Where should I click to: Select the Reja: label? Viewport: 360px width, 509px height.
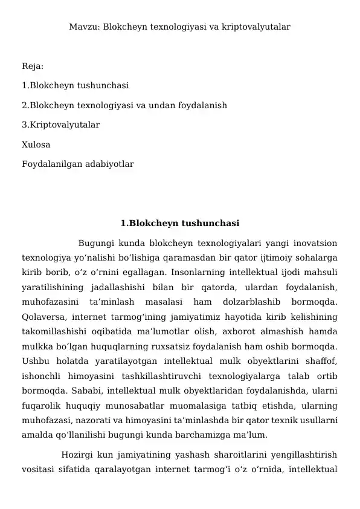[32, 66]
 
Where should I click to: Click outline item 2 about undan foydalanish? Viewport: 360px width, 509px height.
[124, 105]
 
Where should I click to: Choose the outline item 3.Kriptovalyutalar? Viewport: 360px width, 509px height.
[61, 125]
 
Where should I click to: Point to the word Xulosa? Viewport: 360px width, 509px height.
[36, 144]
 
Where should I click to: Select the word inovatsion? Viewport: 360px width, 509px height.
[313, 244]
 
